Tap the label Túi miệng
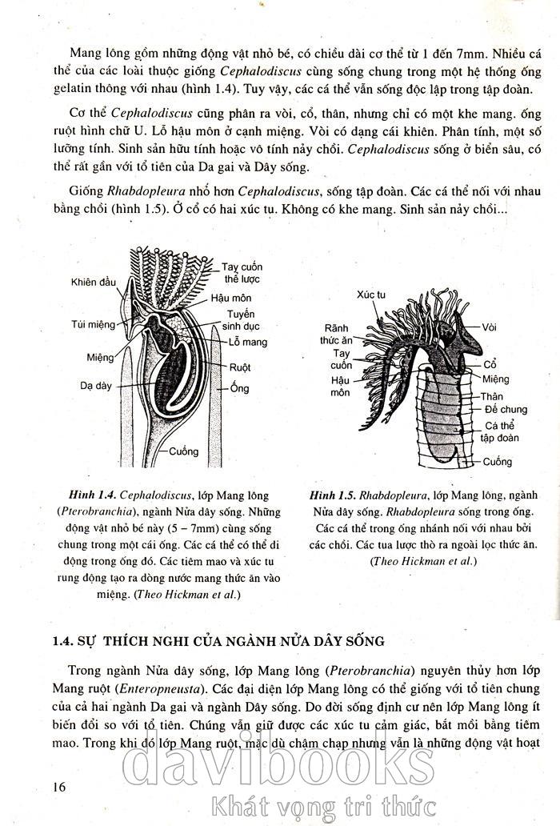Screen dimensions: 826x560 [92, 324]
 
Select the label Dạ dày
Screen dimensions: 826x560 [95, 384]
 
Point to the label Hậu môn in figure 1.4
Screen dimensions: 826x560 [231, 298]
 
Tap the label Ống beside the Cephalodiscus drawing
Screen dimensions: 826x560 [240, 388]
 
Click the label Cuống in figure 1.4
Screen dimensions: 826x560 [183, 451]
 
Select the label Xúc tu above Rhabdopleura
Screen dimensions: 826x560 [371, 295]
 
